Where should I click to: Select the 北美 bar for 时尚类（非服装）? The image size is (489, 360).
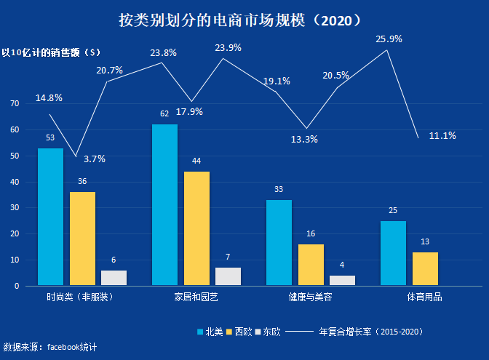click(50, 217)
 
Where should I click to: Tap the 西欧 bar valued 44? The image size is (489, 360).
click(196, 228)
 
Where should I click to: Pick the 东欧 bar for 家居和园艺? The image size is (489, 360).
click(228, 276)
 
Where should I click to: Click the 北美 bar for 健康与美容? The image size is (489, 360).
click(279, 243)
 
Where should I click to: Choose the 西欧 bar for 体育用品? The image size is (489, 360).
click(425, 269)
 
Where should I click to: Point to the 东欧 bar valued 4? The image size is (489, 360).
click(342, 280)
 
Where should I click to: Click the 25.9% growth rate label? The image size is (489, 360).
click(389, 39)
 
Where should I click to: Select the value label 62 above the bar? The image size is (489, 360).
click(164, 114)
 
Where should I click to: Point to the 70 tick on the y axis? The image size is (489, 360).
click(14, 104)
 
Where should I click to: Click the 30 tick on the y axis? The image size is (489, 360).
click(14, 208)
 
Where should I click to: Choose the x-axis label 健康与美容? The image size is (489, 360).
click(311, 297)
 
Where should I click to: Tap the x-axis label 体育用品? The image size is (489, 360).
click(424, 297)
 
